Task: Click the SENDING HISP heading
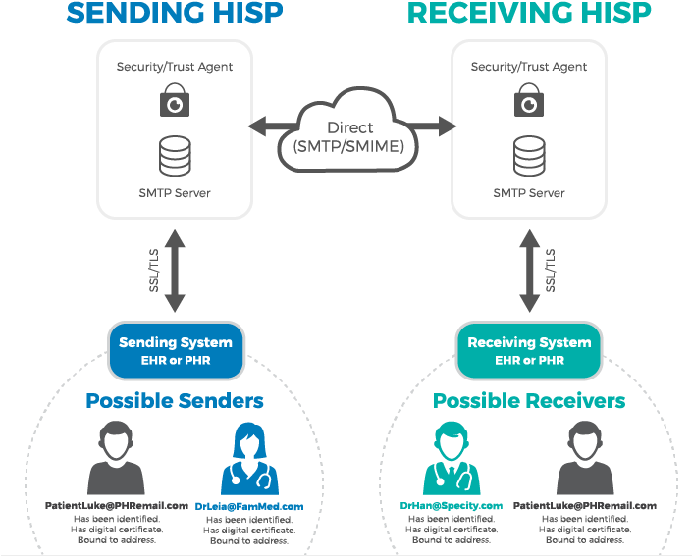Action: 175,13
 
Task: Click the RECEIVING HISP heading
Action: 529,13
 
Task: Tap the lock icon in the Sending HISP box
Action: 175,100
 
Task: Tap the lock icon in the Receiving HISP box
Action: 529,100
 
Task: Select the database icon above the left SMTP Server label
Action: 175,156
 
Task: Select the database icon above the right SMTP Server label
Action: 529,156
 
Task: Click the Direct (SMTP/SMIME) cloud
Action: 348,131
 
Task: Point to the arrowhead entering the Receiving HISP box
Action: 447,126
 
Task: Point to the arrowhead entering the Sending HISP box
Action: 257,126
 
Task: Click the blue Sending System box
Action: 176,351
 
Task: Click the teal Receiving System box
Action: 529,351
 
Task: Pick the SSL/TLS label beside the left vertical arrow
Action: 153,271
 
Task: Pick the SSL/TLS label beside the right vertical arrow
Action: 550,271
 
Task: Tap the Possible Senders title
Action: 175,401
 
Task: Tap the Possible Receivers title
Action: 529,401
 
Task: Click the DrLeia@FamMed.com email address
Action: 249,507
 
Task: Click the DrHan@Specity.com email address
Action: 452,506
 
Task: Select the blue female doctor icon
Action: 249,459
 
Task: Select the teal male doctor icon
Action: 452,458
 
